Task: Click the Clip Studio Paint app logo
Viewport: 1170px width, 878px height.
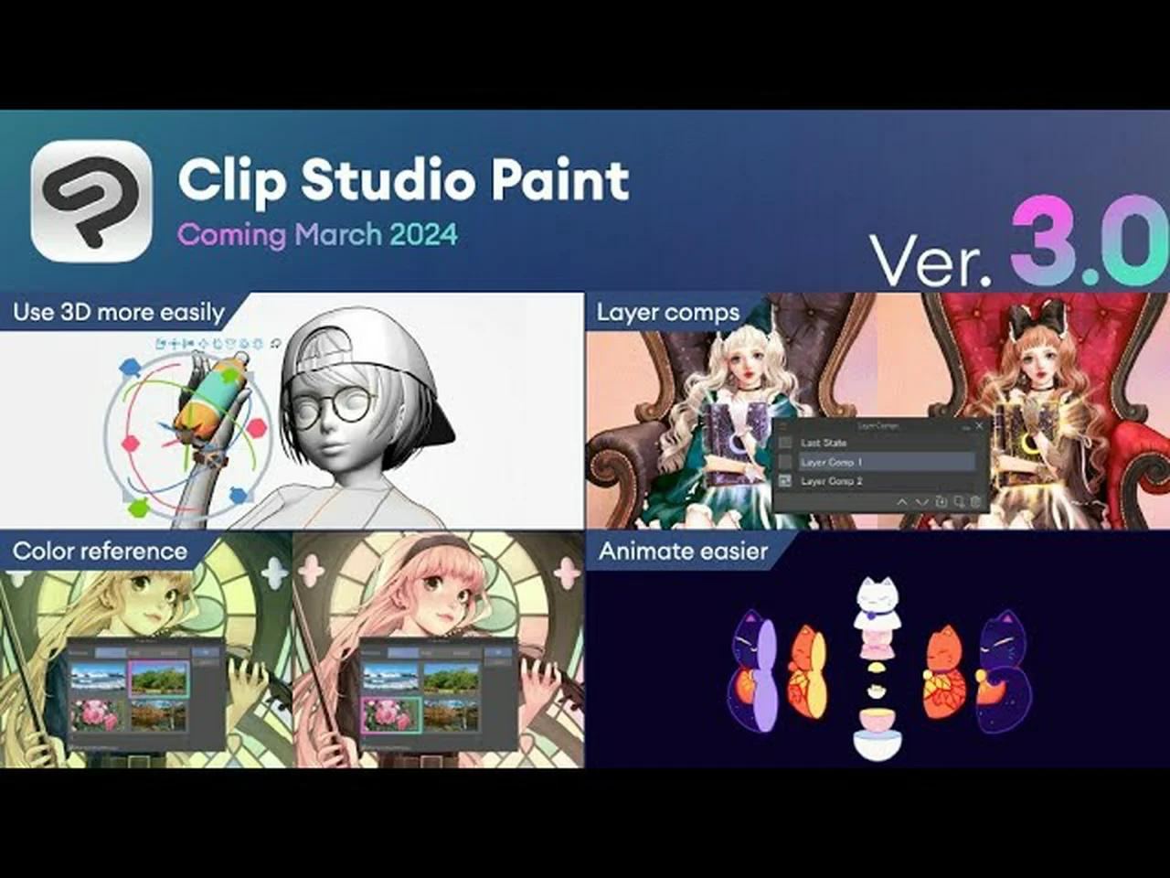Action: point(91,201)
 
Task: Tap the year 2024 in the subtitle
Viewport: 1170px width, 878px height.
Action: point(423,235)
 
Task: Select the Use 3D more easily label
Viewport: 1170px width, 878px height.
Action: point(119,313)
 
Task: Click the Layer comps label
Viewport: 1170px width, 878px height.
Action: point(668,313)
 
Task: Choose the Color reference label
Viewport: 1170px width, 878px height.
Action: point(101,551)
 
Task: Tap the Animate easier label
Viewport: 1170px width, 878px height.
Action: point(684,551)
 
